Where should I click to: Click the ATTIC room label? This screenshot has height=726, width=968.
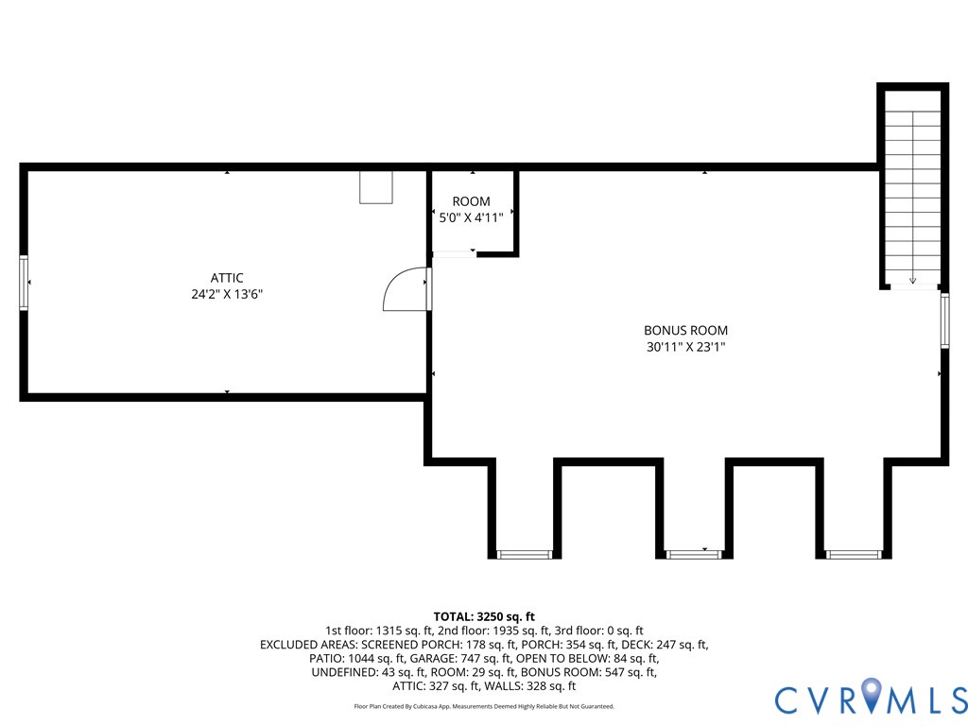click(x=227, y=278)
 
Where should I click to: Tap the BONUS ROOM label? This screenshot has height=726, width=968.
click(x=685, y=331)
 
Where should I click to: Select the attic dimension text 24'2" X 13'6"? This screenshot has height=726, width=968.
click(x=227, y=294)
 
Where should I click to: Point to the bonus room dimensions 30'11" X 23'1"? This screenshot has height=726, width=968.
click(x=685, y=347)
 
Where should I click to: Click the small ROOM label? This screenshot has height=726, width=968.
click(x=471, y=201)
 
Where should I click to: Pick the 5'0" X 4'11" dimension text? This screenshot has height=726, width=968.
click(x=471, y=217)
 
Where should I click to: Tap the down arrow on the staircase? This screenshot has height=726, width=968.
click(x=912, y=280)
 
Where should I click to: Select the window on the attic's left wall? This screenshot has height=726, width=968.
click(x=25, y=282)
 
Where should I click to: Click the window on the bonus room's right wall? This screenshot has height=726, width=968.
click(x=943, y=321)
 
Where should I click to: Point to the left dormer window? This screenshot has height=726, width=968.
click(x=524, y=554)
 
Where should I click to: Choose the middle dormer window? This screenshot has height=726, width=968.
click(x=693, y=554)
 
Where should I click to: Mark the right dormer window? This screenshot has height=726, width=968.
click(x=854, y=554)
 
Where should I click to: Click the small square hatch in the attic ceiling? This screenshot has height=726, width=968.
click(x=375, y=187)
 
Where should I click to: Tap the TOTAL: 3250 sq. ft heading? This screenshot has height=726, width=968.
click(x=484, y=616)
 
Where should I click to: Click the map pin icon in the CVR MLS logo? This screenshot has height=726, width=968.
click(x=872, y=697)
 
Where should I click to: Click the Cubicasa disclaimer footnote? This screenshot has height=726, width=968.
click(x=484, y=706)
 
